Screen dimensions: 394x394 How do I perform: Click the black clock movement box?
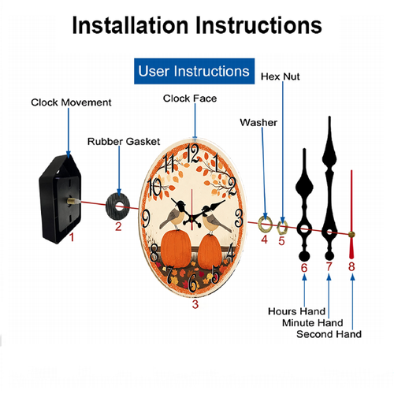(x=60, y=199)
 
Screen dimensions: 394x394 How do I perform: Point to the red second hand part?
(x=351, y=214)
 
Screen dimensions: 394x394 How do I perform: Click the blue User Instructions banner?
(x=194, y=71)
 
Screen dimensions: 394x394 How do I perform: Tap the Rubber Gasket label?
(x=124, y=142)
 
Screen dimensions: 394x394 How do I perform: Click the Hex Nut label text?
(x=280, y=76)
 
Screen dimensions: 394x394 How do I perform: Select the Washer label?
(x=258, y=122)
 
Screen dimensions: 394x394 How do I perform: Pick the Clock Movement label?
(x=71, y=102)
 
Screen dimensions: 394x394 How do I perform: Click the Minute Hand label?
(x=313, y=322)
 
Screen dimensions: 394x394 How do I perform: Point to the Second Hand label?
(x=329, y=334)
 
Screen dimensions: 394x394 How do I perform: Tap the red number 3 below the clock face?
(x=195, y=304)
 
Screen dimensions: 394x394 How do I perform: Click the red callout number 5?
(x=281, y=241)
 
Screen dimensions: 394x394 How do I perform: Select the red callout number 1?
(x=72, y=237)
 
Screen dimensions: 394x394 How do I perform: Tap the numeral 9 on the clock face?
(x=146, y=218)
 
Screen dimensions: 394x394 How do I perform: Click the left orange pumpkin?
(x=176, y=248)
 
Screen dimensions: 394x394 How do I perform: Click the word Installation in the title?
(x=130, y=25)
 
